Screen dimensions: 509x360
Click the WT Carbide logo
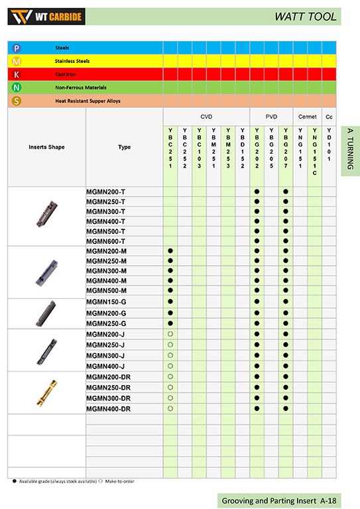[47, 17]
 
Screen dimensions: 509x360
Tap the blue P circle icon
[17, 48]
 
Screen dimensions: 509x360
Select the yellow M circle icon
[17, 61]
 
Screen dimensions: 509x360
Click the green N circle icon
[17, 87]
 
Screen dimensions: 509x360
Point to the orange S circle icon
[17, 101]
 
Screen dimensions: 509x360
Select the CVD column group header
[206, 116]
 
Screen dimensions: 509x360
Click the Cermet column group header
[308, 116]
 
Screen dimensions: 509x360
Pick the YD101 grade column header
[330, 145]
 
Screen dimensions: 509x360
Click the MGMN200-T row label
[105, 192]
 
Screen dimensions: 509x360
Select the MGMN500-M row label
[106, 291]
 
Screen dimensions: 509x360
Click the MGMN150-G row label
[106, 302]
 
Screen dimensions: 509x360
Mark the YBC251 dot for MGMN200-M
[170, 251]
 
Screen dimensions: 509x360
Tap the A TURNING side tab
[350, 151]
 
